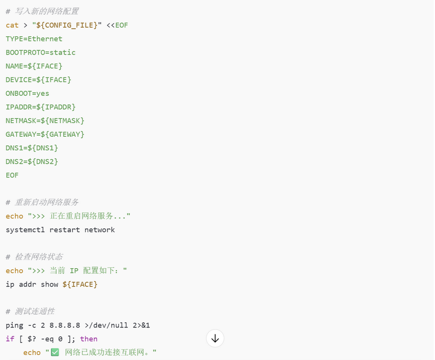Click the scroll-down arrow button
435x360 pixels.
[215, 339]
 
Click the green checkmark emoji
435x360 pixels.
[55, 352]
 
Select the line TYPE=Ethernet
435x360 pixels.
[34, 39]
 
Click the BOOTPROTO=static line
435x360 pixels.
[40, 53]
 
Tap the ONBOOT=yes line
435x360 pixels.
[28, 93]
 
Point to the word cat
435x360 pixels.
[12, 25]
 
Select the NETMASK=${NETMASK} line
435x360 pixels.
[45, 121]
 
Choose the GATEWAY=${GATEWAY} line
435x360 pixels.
[45, 134]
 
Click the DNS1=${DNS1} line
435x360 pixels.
[32, 148]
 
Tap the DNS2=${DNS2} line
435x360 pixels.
[32, 162]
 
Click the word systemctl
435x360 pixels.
[25, 230]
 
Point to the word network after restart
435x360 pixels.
[99, 230]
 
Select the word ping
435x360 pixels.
[14, 325]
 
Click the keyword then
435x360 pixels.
[89, 339]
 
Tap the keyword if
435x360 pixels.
[10, 339]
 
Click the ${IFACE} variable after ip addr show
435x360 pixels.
[80, 285]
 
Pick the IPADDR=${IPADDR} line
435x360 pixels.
[40, 107]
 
